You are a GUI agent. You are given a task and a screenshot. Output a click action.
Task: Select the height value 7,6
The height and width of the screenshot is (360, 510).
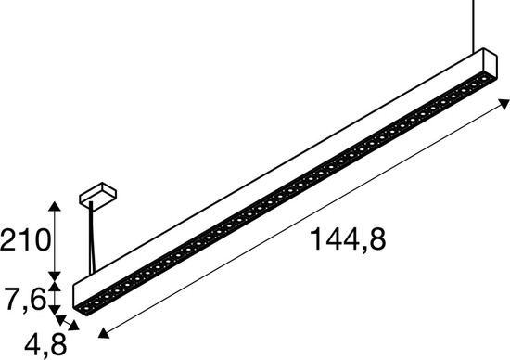click(x=22, y=299)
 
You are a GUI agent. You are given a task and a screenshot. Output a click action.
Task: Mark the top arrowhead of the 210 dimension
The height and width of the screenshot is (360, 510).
click(x=57, y=203)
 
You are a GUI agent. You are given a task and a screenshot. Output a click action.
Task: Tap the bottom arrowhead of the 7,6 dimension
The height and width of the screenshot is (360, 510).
click(x=57, y=312)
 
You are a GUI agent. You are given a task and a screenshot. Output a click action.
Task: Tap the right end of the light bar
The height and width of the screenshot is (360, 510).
click(x=487, y=65)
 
